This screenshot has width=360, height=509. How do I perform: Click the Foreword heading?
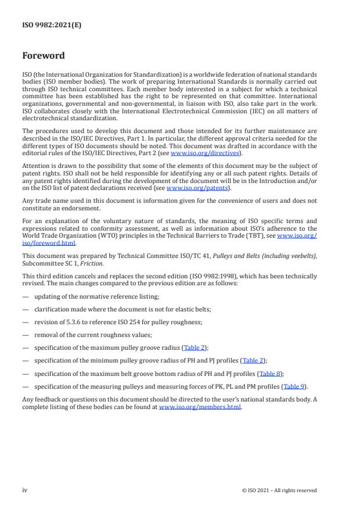(44, 56)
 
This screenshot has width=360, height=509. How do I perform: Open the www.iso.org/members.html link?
(200, 407)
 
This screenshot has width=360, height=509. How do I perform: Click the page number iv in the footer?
(25, 490)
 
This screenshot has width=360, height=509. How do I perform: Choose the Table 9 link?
(293, 386)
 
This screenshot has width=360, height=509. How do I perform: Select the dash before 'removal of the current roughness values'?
(25, 335)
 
